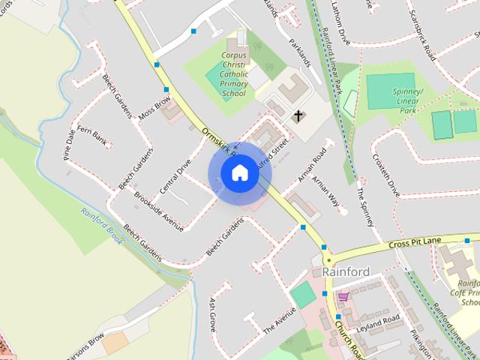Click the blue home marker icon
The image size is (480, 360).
(239, 173)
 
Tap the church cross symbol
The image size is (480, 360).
(298, 116)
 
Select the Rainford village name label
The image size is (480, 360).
(346, 271)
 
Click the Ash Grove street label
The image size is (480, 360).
(213, 314)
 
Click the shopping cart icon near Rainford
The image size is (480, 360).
(343, 297)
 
